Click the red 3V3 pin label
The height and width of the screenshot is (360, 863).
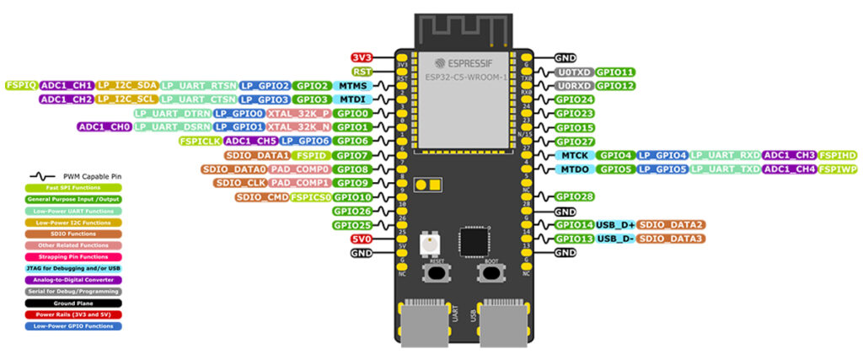tap(362, 57)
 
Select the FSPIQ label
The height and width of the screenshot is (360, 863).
tap(20, 85)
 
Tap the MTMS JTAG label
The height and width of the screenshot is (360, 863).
tap(352, 85)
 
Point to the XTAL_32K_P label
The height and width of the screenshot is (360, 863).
tap(297, 113)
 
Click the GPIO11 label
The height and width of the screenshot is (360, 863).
tap(616, 73)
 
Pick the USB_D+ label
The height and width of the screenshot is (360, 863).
tap(615, 224)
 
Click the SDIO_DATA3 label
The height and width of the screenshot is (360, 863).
tap(671, 239)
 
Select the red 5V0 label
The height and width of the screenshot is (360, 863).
tap(362, 239)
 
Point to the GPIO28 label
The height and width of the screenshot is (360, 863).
tap(576, 196)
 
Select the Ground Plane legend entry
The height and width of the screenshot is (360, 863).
tap(73, 302)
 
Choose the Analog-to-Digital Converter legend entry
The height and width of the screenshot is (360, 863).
tap(73, 279)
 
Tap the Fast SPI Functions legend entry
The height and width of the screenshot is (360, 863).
tap(73, 187)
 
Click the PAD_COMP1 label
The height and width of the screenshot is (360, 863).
tap(299, 182)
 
